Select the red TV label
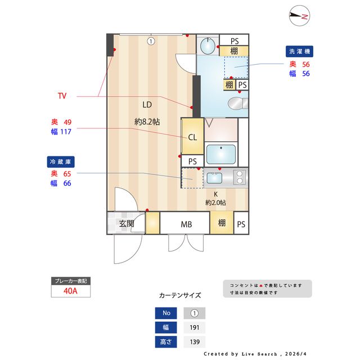62,96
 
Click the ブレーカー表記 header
70,281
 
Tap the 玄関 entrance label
126,223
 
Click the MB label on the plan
186,224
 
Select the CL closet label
192,137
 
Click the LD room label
147,104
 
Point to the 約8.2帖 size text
147,121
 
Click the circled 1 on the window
151,40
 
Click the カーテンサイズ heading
179,295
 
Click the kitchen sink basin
215,178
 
